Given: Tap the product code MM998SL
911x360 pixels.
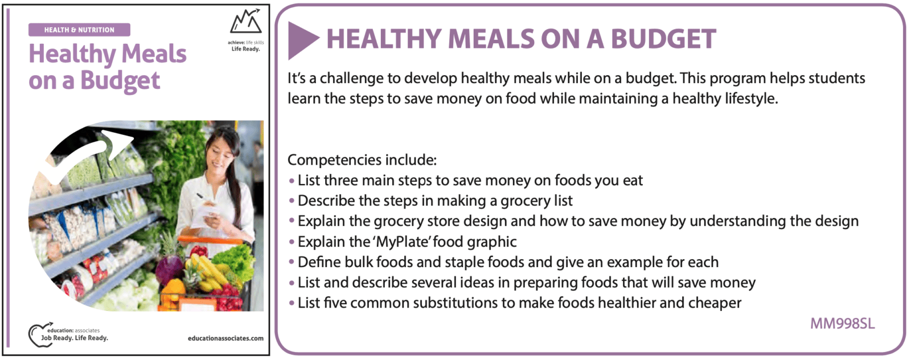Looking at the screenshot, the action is pos(842,324).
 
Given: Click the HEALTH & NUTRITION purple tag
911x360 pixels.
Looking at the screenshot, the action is pos(79,30).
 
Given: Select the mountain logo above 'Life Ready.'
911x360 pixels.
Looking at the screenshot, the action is pos(245,21).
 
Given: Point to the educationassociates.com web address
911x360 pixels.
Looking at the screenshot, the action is pos(225,338).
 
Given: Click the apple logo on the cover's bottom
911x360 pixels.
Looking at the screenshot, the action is pos(39,335).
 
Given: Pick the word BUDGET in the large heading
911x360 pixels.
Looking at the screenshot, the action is pos(663,39).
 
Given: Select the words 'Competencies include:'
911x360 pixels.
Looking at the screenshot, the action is pos(362,160).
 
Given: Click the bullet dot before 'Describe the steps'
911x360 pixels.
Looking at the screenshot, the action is pos(291,201).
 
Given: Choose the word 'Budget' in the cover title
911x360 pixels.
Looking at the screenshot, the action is pos(120,81).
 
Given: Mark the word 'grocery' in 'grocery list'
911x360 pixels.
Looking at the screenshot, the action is pos(526,201).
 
